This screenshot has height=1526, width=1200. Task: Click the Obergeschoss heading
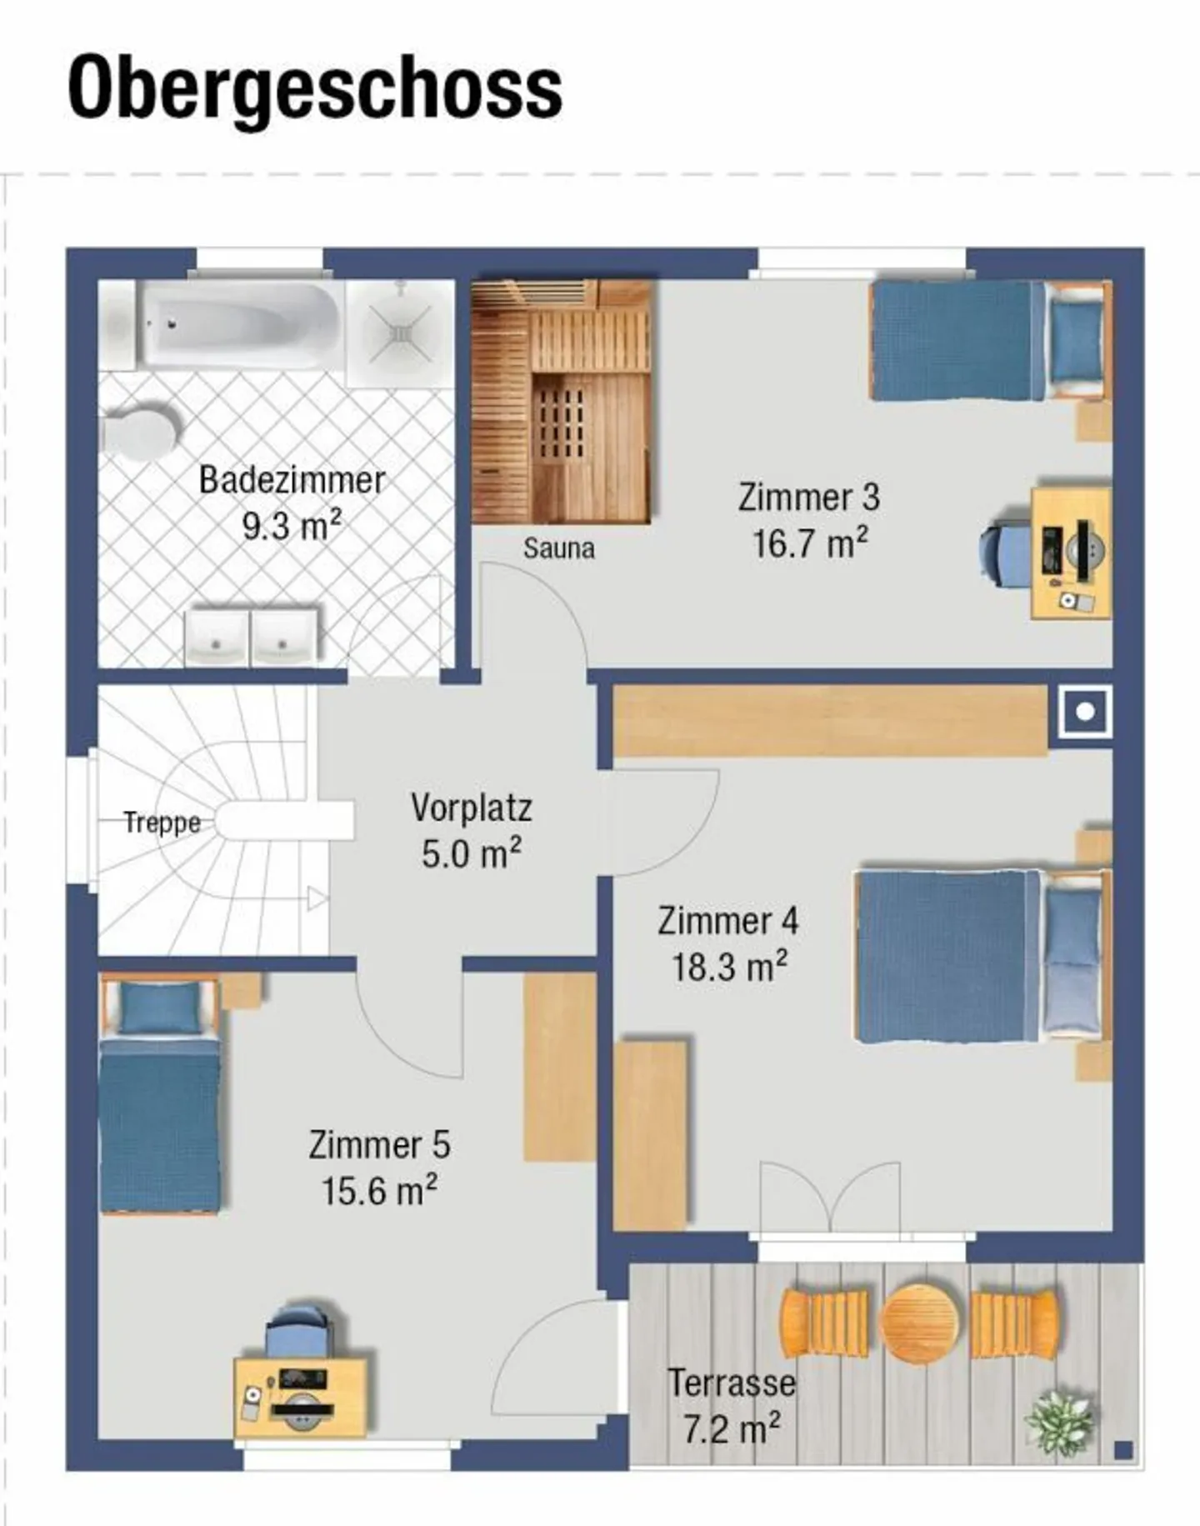pos(315,88)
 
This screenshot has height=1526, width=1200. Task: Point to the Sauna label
pos(558,548)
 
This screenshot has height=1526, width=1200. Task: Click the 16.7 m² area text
pos(809,544)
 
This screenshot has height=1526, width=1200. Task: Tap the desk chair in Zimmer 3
pos(1004,551)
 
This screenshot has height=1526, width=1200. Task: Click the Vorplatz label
pos(471,808)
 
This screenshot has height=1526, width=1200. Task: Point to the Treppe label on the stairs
pos(162,823)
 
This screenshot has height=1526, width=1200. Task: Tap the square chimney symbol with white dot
pos(1084,712)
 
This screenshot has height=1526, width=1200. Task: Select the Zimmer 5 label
pos(379,1144)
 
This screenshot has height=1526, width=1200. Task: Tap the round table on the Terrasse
pos(918,1323)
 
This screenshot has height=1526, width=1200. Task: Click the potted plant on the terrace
pos(1060,1422)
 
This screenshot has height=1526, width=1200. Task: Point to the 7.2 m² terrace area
pos(732,1429)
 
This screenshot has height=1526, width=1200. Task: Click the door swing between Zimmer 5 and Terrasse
pos(554,1358)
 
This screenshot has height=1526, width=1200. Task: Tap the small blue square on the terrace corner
pos(1122,1451)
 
